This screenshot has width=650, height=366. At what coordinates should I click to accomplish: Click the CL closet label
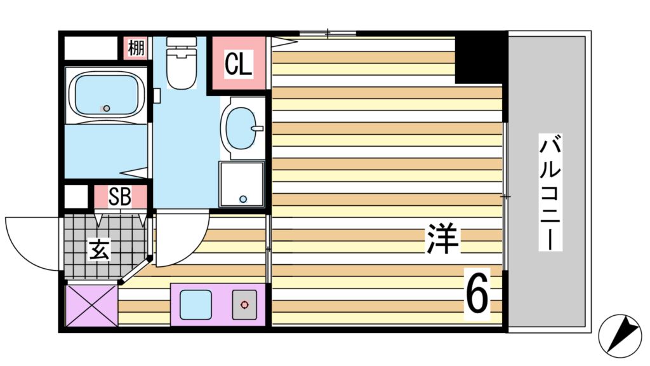239,64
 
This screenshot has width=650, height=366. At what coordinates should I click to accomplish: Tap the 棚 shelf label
135,48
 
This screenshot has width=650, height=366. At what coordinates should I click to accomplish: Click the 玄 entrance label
99,249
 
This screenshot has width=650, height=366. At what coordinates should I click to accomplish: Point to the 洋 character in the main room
442,238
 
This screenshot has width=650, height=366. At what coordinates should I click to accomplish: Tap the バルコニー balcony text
550,191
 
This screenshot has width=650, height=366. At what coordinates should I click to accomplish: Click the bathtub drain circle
106,108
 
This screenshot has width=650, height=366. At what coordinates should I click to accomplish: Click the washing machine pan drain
242,199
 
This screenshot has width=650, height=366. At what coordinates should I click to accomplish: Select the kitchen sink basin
195,304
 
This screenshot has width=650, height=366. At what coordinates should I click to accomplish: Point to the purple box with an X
91,305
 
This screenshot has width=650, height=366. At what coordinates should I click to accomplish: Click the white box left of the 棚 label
91,48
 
